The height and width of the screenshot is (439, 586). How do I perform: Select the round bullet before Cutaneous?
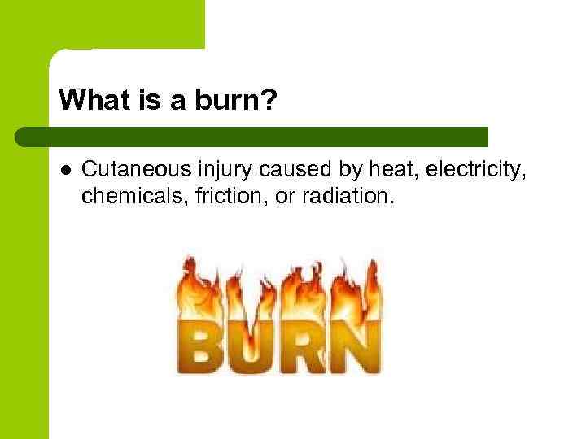pos(65,169)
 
